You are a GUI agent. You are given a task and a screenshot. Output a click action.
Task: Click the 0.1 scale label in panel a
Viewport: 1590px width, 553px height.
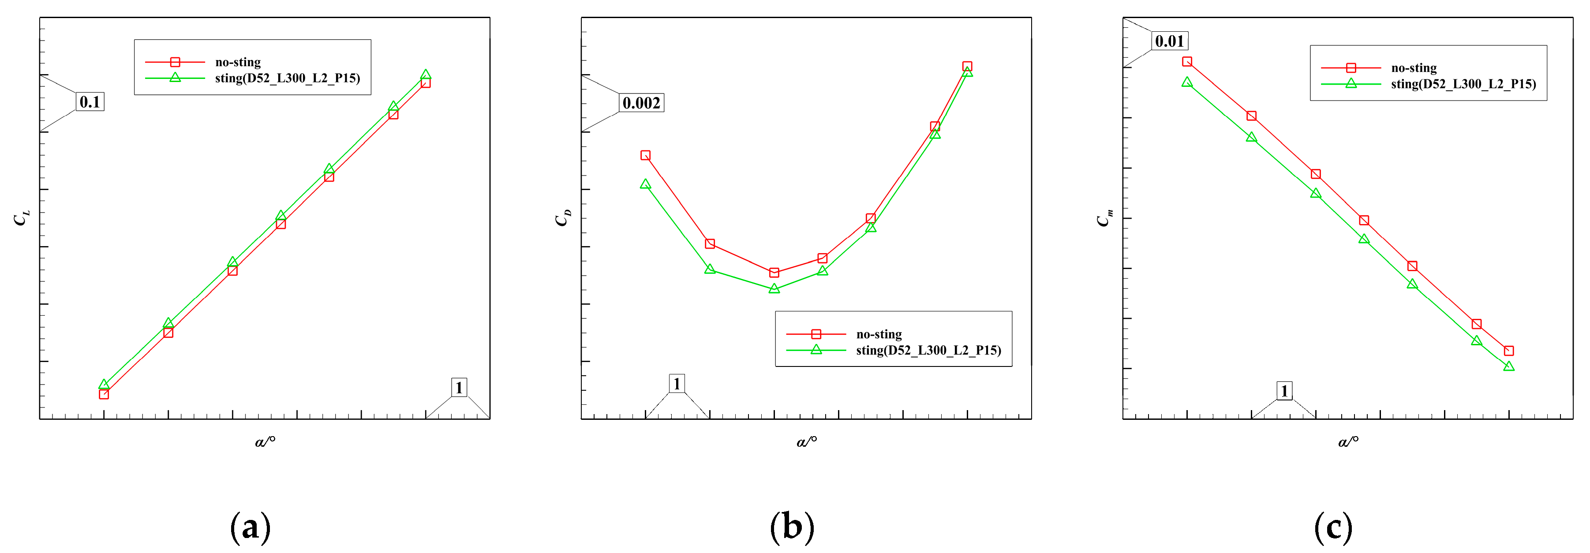(90, 102)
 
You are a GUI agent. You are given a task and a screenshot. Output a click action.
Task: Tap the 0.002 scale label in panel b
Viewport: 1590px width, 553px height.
(641, 103)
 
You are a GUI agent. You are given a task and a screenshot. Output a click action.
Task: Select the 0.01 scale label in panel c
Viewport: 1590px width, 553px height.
(1170, 41)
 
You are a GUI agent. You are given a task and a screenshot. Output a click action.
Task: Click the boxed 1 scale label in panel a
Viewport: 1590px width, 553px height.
(459, 388)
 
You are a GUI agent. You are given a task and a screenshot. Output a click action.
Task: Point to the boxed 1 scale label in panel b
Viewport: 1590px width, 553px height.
(677, 384)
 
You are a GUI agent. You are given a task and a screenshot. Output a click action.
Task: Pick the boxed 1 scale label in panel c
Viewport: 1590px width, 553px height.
(1284, 391)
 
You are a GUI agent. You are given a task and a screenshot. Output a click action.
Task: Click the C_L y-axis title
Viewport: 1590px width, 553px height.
(21, 218)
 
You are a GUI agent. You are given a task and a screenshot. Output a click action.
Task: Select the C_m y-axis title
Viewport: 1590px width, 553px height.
(1105, 218)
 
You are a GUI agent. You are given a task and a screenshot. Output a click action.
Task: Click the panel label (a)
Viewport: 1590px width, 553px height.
(250, 528)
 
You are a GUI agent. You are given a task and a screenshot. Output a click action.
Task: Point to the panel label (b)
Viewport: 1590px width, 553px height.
(792, 528)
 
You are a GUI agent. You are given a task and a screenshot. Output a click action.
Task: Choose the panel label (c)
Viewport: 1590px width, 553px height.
(1333, 528)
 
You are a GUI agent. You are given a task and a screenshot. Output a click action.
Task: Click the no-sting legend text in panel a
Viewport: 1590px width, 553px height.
(238, 62)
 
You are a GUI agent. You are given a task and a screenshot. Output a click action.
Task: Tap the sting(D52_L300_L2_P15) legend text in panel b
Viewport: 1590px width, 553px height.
(928, 351)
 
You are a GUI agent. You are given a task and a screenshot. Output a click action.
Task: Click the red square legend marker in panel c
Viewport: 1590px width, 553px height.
(1351, 68)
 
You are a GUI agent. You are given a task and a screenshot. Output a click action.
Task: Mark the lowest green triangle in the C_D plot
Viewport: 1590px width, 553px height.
(774, 288)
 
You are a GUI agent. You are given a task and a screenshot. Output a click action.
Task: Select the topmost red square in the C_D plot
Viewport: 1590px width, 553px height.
(967, 67)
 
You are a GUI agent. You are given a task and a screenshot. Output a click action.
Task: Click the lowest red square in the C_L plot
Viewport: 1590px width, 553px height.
(104, 394)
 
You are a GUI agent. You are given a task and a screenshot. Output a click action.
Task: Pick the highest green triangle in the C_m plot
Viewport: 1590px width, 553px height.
(1187, 82)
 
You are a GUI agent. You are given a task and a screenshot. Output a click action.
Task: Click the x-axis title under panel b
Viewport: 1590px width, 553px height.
(807, 441)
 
